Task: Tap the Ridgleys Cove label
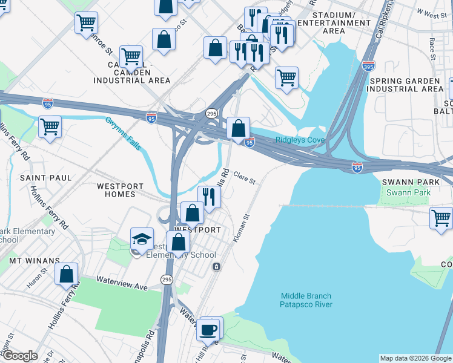click(300, 140)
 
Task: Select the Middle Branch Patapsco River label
click(306, 300)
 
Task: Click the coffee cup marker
click(209, 330)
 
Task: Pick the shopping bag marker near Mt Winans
click(67, 273)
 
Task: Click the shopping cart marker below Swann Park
click(441, 218)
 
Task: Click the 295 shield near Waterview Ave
click(167, 279)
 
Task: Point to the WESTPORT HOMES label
click(121, 190)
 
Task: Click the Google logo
click(21, 356)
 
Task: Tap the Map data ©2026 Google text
click(415, 358)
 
